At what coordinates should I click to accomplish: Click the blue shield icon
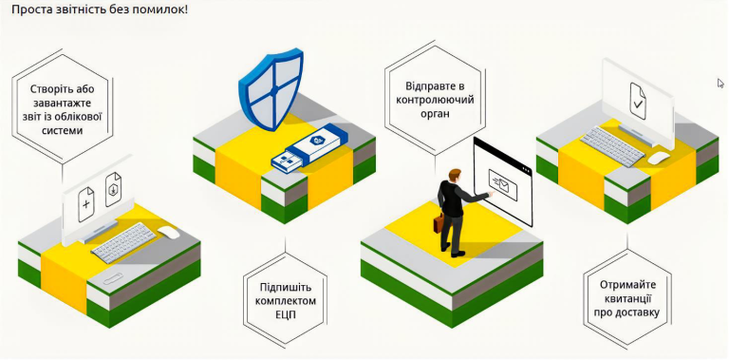[271, 89]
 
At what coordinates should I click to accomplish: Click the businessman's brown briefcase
[439, 223]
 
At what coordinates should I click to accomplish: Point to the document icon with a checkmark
[638, 101]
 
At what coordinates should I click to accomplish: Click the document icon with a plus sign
[86, 204]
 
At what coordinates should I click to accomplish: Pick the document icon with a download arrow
[114, 189]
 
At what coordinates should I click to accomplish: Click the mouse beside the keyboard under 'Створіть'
[168, 232]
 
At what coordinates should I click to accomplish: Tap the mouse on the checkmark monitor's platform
[659, 158]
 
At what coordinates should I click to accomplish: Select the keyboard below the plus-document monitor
[123, 243]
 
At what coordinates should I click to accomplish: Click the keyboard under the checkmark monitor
[612, 146]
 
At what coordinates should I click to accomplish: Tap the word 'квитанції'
[627, 298]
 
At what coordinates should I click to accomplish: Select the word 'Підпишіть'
[284, 287]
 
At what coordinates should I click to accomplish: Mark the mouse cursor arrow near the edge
[720, 84]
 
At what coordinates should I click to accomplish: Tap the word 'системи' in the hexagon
[63, 130]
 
